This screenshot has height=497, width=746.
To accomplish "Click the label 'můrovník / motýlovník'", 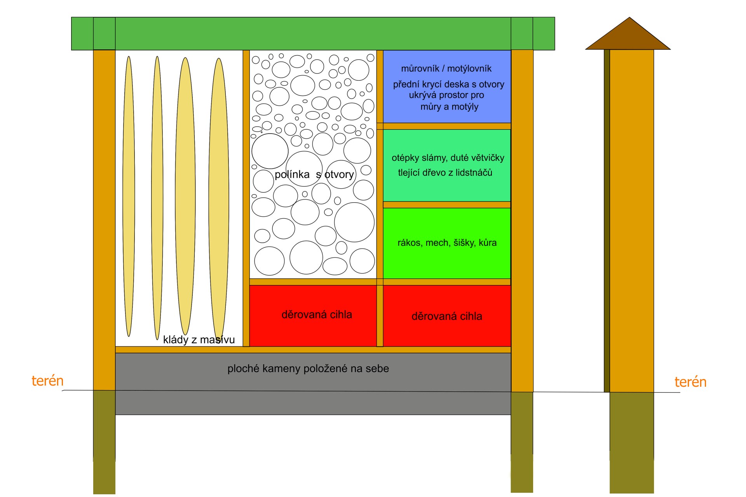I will tap(446, 69).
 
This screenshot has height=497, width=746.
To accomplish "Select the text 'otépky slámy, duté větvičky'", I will tap(448, 158).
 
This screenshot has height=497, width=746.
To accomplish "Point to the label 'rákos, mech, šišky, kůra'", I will tap(447, 243).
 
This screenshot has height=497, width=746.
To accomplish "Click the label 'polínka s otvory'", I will tap(314, 174).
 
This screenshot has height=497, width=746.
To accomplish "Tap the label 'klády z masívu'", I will tap(199, 340).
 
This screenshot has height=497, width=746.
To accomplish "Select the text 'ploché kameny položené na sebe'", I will tap(308, 368).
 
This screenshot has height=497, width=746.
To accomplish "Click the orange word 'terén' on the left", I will tap(47, 381).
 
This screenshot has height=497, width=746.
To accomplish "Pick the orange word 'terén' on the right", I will tap(690, 382).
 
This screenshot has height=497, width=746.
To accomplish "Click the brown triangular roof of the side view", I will tap(628, 37).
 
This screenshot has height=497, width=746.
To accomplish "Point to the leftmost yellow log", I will tap(129, 196).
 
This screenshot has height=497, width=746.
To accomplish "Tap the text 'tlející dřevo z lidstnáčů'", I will tap(445, 172).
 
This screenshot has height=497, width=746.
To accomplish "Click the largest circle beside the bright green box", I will tap(354, 222).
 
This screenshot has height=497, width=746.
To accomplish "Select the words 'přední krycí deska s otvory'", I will tap(448, 84).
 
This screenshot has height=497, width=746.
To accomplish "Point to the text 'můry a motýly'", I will tap(449, 106).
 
